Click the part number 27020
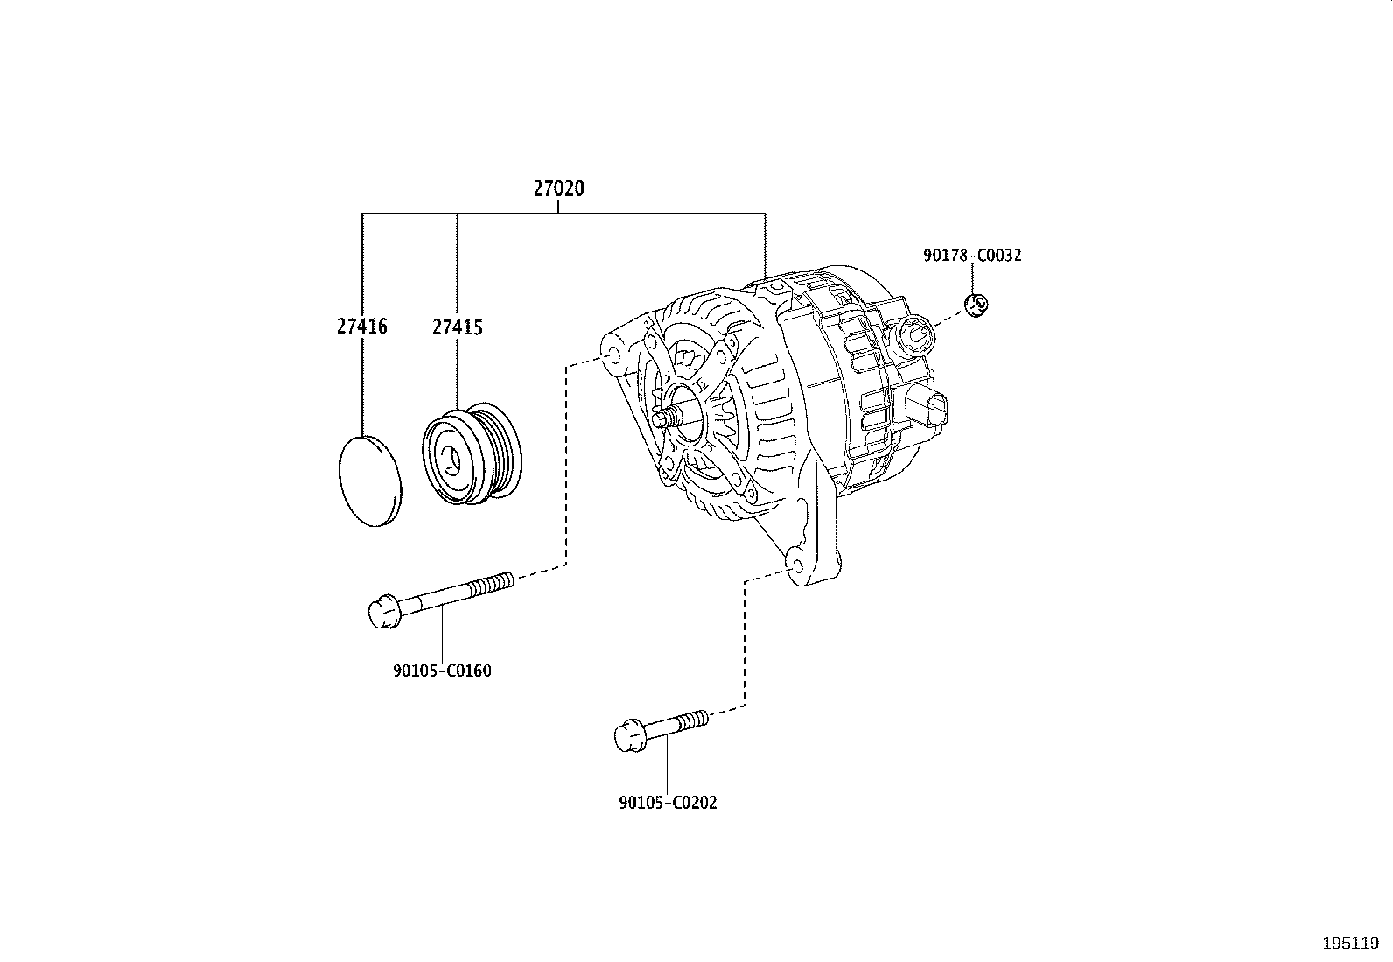(559, 188)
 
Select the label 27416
(362, 327)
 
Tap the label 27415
(458, 327)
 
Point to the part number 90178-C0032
(973, 255)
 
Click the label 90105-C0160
(442, 671)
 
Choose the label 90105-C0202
(668, 802)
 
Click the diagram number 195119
(1351, 944)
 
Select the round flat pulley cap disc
(370, 481)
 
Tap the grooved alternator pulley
(472, 454)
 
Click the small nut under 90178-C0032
(976, 305)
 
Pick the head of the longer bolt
(383, 611)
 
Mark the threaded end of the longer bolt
(491, 586)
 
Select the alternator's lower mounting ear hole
(794, 566)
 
